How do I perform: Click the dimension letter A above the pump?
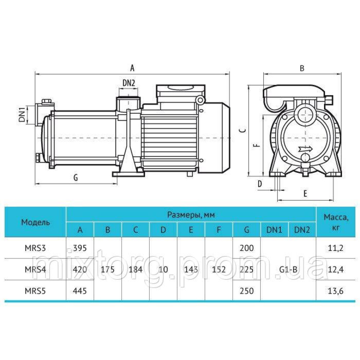click(x=132, y=68)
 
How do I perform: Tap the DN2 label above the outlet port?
click(x=129, y=83)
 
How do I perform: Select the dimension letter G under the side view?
click(x=76, y=177)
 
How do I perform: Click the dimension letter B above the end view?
click(x=302, y=68)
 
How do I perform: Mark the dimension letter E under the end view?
click(x=305, y=194)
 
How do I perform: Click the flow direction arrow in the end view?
click(x=306, y=149)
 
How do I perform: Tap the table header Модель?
click(x=35, y=222)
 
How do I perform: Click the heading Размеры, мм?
click(x=191, y=215)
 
